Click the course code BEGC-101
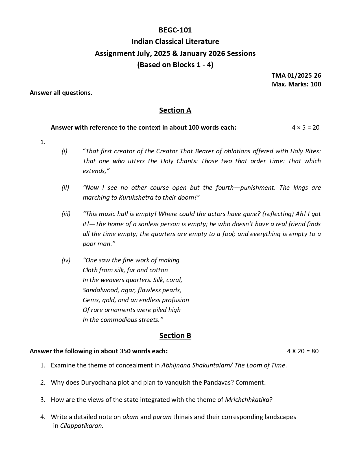pyautogui.click(x=175, y=30)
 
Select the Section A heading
pyautogui.click(x=175, y=110)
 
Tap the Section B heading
pyautogui.click(x=175, y=336)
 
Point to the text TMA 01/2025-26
pyautogui.click(x=296, y=75)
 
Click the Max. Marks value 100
pyautogui.click(x=316, y=84)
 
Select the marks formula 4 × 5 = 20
pyautogui.click(x=306, y=127)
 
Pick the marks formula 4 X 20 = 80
pyautogui.click(x=303, y=351)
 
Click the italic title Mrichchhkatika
pyautogui.click(x=247, y=400)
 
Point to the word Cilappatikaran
pyautogui.click(x=82, y=426)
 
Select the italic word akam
pyautogui.click(x=130, y=417)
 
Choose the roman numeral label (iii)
pyautogui.click(x=66, y=214)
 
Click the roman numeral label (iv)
pyautogui.click(x=66, y=260)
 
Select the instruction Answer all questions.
pyautogui.click(x=61, y=93)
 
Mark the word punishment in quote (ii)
pyautogui.click(x=258, y=188)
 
